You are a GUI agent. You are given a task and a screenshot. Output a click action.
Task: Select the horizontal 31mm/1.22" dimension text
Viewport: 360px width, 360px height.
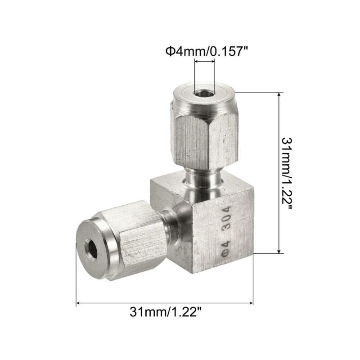click(x=165, y=311)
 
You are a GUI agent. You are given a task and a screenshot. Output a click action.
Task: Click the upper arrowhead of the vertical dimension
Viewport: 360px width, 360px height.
click(x=280, y=95)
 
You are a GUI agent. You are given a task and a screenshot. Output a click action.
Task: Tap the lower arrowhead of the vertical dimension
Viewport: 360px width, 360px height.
click(x=280, y=251)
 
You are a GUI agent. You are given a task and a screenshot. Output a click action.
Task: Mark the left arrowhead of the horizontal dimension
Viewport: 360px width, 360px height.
click(x=79, y=304)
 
